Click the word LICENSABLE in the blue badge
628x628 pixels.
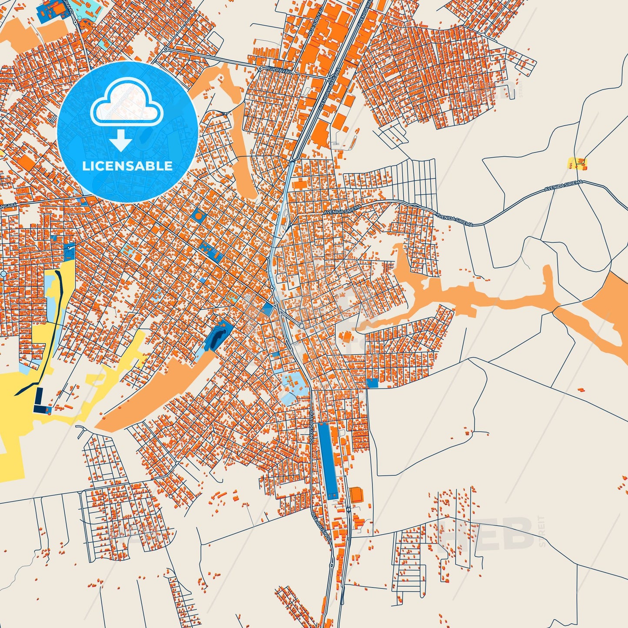coord(127,166)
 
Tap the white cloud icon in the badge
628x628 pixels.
coord(126,103)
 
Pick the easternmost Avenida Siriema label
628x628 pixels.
coord(563,186)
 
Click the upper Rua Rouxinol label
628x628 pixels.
coord(312,428)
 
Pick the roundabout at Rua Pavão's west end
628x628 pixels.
coord(259,68)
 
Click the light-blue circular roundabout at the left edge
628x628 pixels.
coord(3,274)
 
